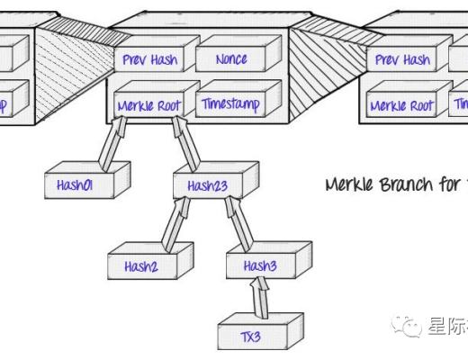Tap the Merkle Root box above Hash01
149,105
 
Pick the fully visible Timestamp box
231,104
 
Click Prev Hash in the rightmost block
402,60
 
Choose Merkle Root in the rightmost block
402,105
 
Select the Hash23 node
209,184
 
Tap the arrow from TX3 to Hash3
259,299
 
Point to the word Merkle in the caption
350,184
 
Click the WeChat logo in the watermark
411,325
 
